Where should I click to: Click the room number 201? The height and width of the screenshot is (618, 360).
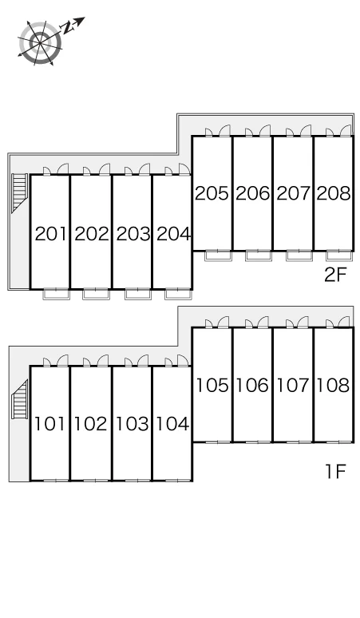(x=50, y=234)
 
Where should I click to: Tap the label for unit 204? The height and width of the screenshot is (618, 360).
(x=173, y=234)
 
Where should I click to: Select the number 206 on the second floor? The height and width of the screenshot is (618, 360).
(x=252, y=193)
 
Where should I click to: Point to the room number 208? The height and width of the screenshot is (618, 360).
(x=333, y=193)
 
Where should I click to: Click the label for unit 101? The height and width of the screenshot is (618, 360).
(x=49, y=424)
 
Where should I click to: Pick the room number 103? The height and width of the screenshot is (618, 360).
(x=132, y=424)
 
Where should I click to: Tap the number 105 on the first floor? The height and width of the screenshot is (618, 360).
(x=212, y=385)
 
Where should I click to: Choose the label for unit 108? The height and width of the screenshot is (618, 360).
(x=333, y=385)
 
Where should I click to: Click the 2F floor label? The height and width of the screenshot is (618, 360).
(x=334, y=275)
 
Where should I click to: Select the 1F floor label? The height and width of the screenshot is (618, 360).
(x=335, y=471)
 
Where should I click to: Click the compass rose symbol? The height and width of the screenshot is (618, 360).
(x=40, y=42)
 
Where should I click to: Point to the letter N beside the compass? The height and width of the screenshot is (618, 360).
(x=67, y=27)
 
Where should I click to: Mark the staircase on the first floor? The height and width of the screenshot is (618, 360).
(x=20, y=400)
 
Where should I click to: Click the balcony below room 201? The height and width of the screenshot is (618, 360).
(x=57, y=294)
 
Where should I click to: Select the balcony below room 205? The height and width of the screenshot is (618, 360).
(x=218, y=256)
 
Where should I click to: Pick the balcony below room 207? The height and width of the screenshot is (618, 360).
(x=299, y=256)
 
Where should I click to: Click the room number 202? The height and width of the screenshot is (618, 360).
(x=91, y=234)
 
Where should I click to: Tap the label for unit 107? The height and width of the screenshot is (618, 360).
(x=293, y=385)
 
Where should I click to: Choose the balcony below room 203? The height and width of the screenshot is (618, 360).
(x=138, y=294)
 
